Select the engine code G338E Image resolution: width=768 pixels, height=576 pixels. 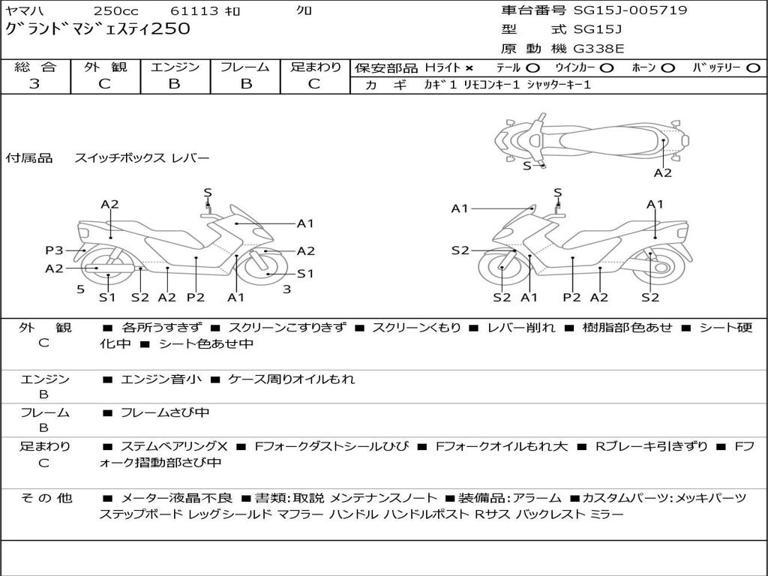[598, 49]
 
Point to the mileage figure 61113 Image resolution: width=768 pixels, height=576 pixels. [194, 11]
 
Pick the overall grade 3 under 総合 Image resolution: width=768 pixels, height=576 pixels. [34, 84]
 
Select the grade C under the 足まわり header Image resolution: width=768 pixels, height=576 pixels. [315, 84]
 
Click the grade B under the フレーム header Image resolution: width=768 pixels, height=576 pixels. [244, 84]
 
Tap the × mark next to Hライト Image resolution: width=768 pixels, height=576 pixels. [469, 67]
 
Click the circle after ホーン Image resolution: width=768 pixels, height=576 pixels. [667, 67]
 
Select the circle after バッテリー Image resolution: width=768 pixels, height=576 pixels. [753, 67]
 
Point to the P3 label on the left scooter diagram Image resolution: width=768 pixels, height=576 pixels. [54, 250]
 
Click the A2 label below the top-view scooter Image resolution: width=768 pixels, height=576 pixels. [662, 172]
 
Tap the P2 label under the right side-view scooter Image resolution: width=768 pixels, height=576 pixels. [571, 297]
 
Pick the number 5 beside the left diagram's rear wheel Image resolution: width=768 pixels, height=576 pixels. [80, 289]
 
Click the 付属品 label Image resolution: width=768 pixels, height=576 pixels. [28, 158]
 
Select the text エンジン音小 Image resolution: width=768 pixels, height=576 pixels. [160, 379]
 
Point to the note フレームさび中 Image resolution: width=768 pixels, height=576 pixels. [164, 412]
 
